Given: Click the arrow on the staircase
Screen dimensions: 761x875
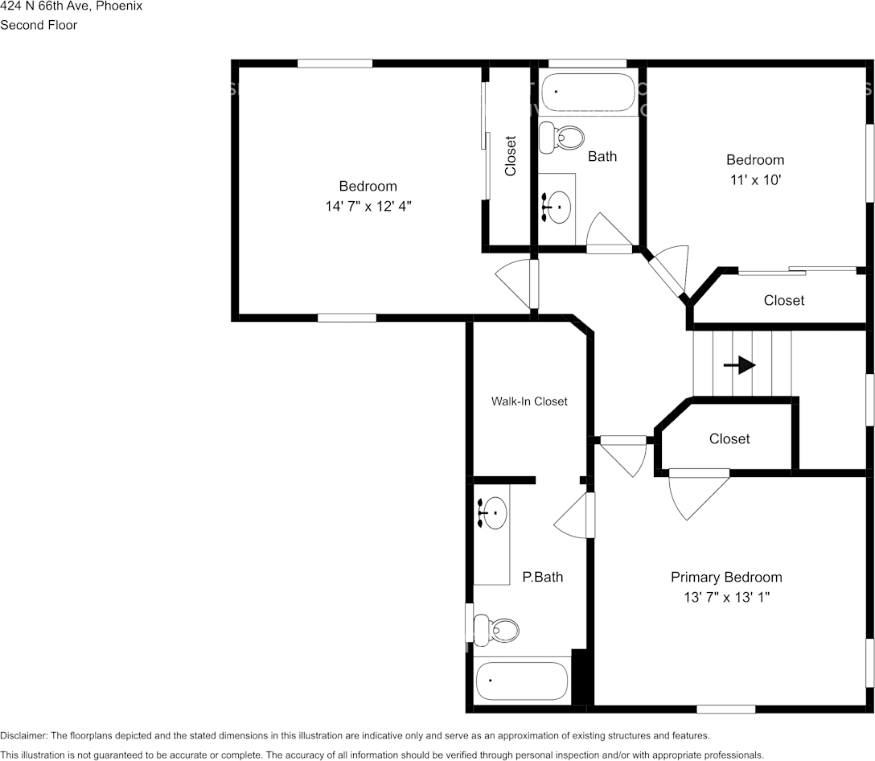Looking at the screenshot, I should coord(740,365).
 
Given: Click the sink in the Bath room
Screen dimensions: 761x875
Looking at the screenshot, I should coord(556,208).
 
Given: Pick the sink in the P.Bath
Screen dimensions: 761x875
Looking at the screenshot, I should coord(491,512).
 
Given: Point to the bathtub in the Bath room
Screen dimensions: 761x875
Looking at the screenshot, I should coord(589,93).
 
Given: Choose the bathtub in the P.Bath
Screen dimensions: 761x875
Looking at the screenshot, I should coord(522,681).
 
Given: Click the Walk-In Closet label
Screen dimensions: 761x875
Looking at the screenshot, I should coord(529,401).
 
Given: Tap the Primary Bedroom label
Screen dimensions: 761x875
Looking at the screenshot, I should coord(726,577).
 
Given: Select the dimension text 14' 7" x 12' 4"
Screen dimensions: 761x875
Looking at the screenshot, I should coord(368,207).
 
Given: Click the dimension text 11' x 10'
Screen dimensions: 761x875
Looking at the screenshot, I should coord(754,180).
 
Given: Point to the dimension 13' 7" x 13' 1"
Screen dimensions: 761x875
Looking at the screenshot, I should coord(726,598).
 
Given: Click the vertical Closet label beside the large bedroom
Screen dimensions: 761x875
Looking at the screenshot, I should coord(510,156).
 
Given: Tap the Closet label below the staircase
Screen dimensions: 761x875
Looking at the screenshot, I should coord(729,438).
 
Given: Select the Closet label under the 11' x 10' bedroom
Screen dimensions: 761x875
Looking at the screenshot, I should coord(783,300).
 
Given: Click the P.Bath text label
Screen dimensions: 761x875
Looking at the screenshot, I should coord(542,577).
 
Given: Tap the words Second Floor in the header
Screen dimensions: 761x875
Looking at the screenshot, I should coord(39,25).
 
